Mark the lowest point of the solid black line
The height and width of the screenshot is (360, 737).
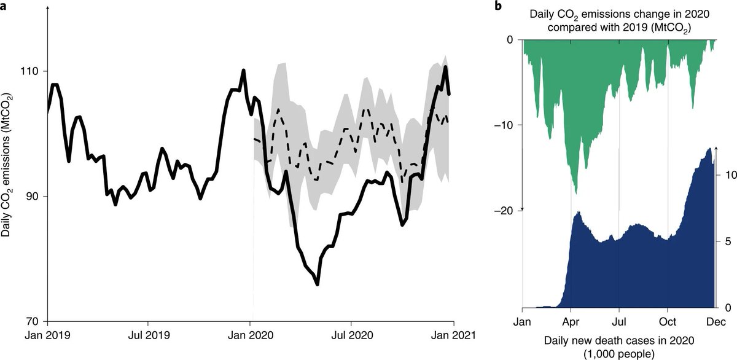pos(318,284)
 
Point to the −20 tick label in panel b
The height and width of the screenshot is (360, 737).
pos(503,210)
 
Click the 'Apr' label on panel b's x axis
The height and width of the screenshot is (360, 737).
pos(571,321)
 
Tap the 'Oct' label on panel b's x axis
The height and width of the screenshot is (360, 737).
pos(668,321)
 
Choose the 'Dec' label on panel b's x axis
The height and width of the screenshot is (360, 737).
pos(716,321)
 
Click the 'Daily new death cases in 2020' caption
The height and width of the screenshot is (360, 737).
pos(618,341)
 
